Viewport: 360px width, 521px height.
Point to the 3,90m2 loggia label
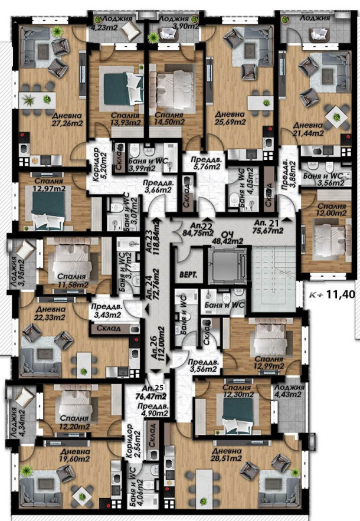click(174, 22)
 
